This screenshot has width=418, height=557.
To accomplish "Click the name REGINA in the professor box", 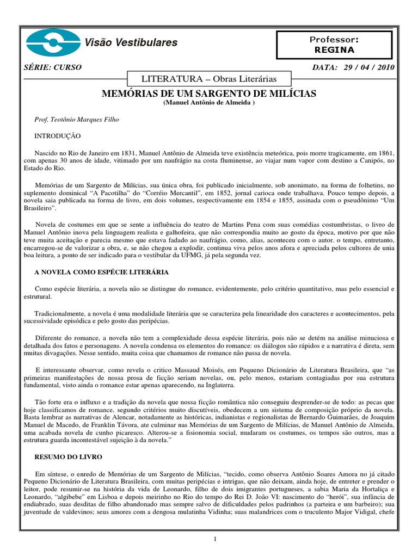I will point(334,50).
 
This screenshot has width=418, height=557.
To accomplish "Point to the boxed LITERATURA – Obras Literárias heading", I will point(209,79).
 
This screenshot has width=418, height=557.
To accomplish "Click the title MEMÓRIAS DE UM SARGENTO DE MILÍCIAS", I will point(209,94).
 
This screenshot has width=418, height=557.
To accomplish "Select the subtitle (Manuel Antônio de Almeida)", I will point(209,103).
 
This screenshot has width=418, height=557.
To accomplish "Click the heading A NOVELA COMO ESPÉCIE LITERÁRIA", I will point(101,271).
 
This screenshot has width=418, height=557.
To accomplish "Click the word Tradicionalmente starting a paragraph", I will point(60,314).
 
